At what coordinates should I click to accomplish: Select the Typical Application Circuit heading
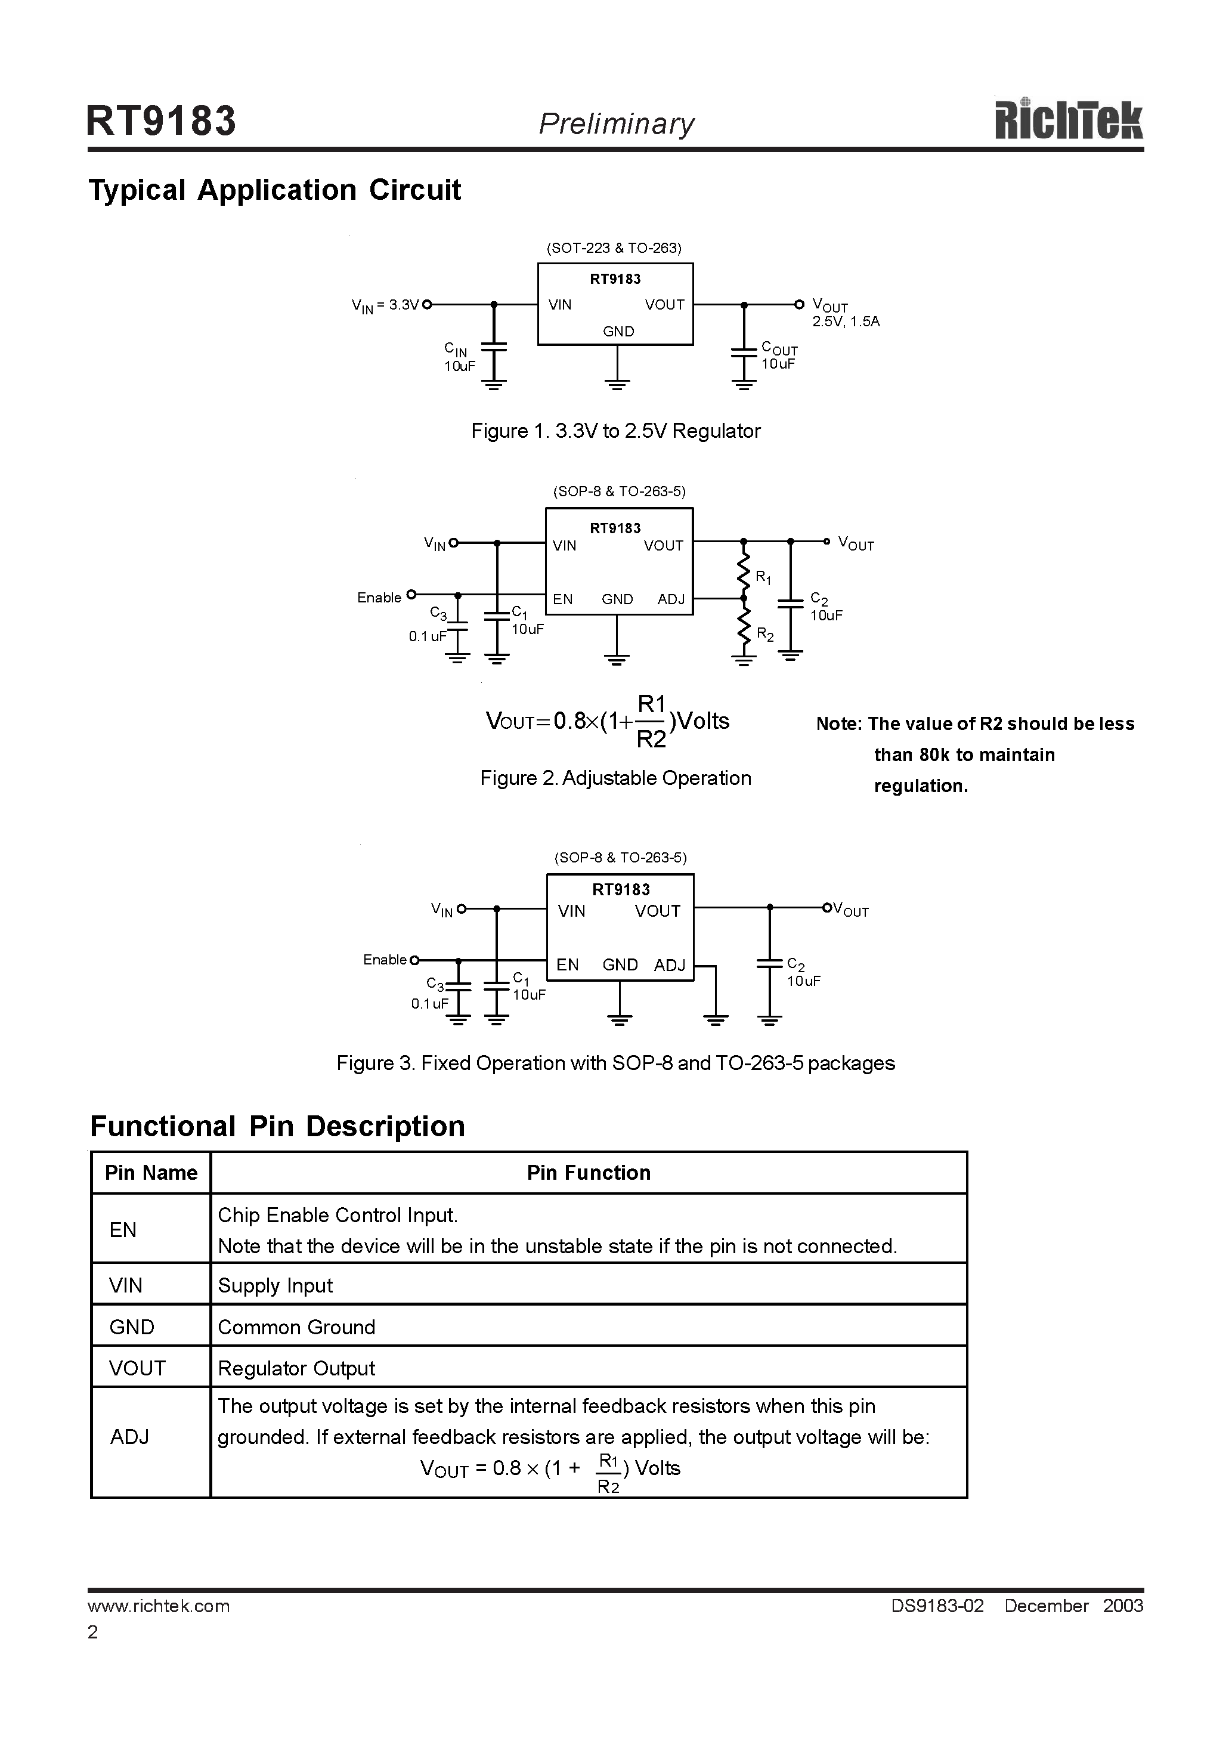pos(274,190)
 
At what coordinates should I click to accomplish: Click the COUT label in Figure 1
pos(779,350)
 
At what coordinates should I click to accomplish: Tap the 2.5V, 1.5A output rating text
pos(846,321)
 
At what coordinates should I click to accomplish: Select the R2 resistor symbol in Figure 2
pos(744,627)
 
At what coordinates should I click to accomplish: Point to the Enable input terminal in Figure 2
pos(411,595)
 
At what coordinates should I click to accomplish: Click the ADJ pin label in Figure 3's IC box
pos(669,964)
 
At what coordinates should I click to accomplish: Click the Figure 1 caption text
pos(615,431)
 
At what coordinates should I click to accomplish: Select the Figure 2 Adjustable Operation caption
pos(615,778)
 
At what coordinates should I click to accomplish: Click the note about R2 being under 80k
pos(974,755)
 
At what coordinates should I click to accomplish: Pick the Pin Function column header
pos(589,1173)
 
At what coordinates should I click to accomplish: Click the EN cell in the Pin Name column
pos(123,1230)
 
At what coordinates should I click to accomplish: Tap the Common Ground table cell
pos(296,1327)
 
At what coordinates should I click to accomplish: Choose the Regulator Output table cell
pos(296,1368)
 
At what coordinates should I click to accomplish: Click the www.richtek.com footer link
pos(159,1605)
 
